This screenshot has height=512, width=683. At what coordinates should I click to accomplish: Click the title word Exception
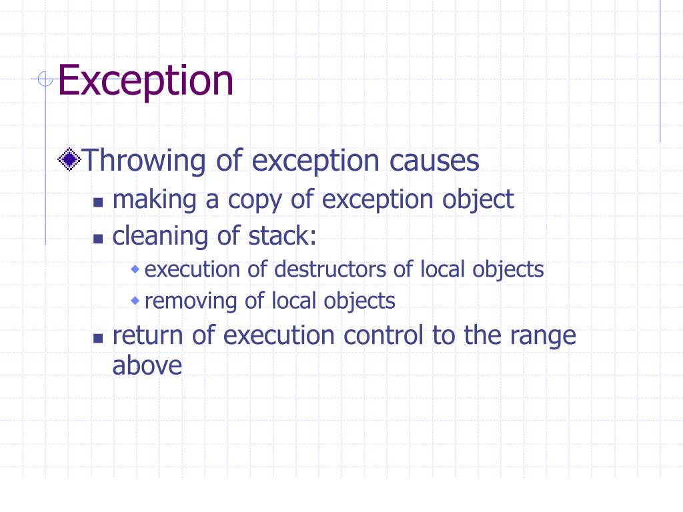click(145, 81)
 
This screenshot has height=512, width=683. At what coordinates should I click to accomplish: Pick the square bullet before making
click(98, 202)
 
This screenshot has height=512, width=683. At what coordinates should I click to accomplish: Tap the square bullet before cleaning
click(98, 238)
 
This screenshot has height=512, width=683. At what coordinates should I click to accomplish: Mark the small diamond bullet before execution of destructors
click(135, 269)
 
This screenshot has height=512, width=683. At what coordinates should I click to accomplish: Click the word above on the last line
click(147, 365)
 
